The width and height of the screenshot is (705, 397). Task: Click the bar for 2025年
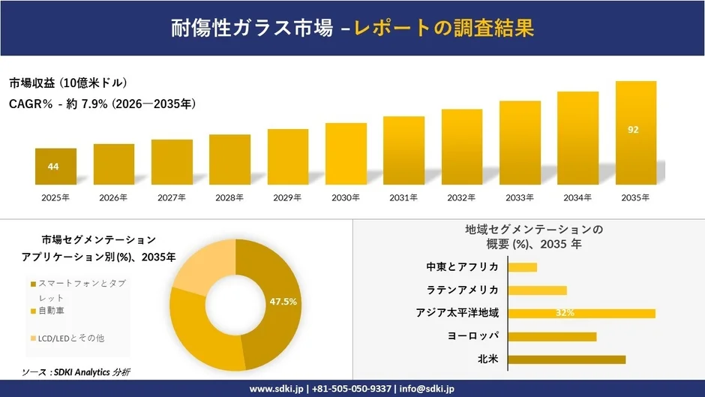[55, 167]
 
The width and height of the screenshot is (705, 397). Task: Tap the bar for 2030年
[346, 154]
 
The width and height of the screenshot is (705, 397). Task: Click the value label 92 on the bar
[633, 130]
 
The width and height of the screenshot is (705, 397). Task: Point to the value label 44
[53, 167]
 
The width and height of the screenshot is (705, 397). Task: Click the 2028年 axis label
[229, 198]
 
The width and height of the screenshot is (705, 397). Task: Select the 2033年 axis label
[520, 198]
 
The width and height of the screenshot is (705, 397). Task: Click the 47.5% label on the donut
[283, 301]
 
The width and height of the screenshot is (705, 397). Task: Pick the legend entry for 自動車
[52, 311]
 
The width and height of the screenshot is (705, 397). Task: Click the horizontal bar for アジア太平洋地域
[581, 313]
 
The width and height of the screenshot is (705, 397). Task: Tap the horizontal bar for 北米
[566, 359]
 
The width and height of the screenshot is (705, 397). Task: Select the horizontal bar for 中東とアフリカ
[523, 267]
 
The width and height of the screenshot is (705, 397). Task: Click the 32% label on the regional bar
[565, 313]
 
